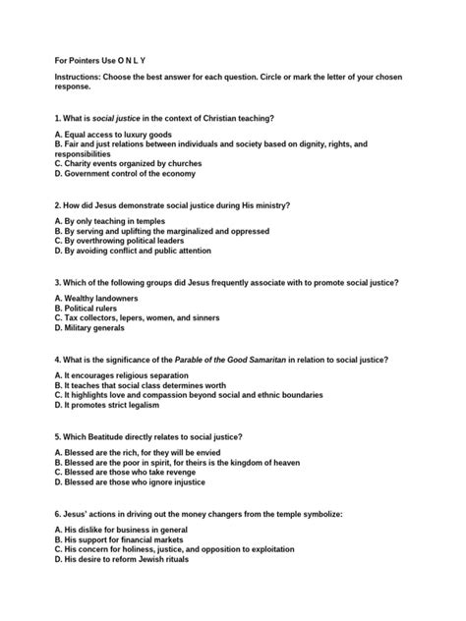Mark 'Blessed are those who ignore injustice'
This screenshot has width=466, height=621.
click(x=133, y=482)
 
